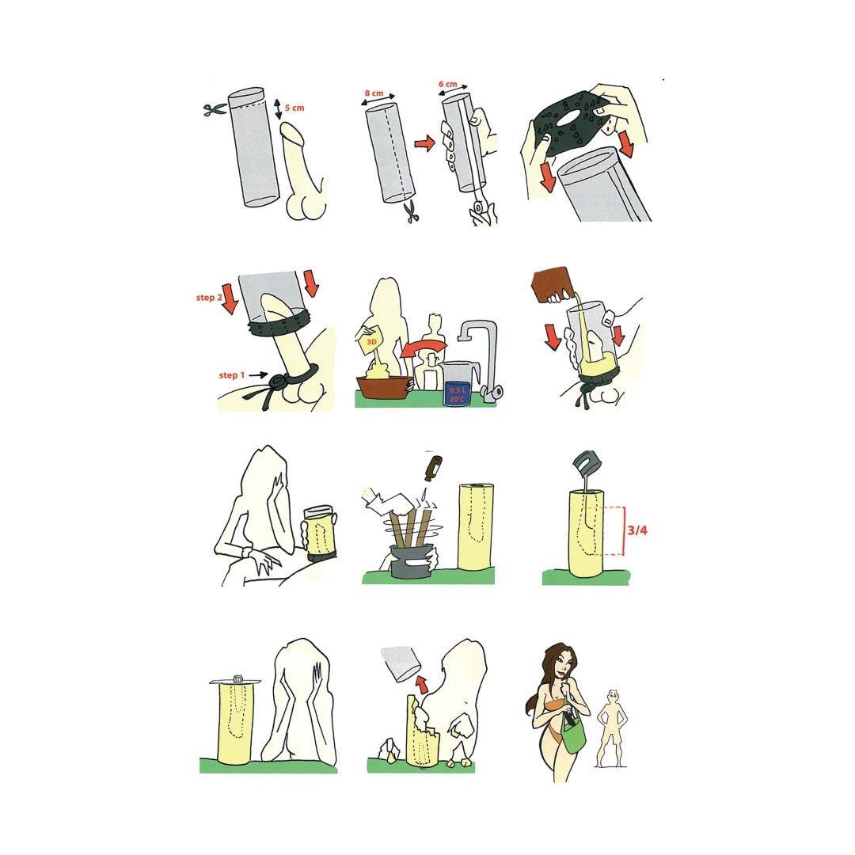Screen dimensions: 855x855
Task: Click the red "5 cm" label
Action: click(x=294, y=108)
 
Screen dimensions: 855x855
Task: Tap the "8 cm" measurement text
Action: click(x=374, y=93)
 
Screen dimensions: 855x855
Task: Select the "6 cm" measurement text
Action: click(x=447, y=84)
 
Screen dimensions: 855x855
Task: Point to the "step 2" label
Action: click(x=209, y=298)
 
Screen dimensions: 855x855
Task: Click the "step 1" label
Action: click(x=232, y=375)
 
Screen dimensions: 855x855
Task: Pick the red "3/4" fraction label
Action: click(x=636, y=530)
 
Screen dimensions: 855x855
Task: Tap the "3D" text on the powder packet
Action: click(x=372, y=342)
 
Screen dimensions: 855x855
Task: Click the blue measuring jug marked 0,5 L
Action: click(x=457, y=385)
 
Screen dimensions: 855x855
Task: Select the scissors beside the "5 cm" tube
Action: click(x=215, y=109)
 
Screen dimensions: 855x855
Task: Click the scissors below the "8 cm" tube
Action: click(x=412, y=211)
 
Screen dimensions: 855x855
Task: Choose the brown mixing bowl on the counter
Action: click(x=384, y=386)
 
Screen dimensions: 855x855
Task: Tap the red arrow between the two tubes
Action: click(x=424, y=143)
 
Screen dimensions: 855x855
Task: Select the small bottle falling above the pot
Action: click(x=433, y=469)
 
